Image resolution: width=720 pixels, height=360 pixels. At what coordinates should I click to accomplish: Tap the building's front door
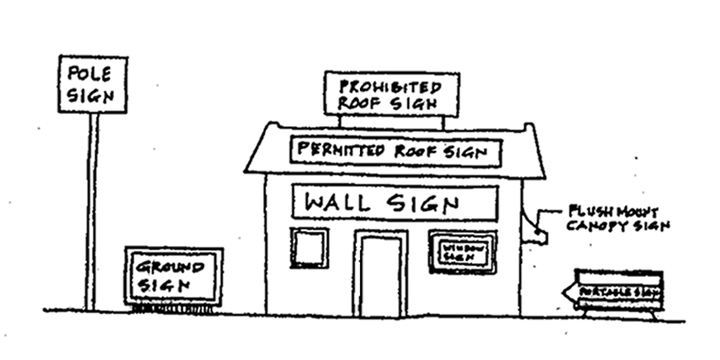(380, 274)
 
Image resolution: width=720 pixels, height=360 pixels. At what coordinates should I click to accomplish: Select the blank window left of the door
(309, 248)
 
